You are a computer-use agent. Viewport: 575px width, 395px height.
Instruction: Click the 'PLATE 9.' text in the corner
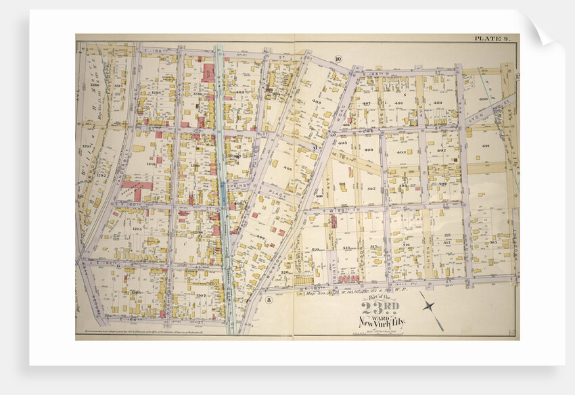495,39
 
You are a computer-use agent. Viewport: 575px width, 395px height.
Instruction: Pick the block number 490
483,99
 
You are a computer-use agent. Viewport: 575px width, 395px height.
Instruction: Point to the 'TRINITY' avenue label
332,260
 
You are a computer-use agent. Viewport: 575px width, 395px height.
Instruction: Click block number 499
260,237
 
